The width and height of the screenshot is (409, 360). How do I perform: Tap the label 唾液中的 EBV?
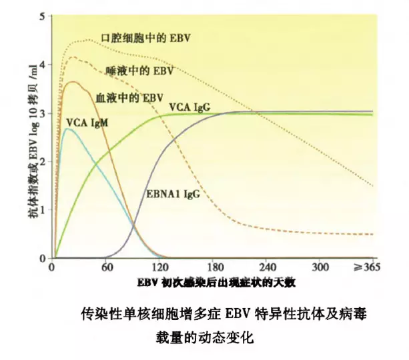click(140, 69)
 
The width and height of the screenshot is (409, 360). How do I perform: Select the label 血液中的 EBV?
click(129, 97)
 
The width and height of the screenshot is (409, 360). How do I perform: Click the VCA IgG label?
click(191, 107)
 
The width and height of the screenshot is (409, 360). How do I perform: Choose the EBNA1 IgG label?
click(173, 194)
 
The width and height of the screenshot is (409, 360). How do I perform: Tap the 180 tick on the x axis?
click(215, 267)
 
